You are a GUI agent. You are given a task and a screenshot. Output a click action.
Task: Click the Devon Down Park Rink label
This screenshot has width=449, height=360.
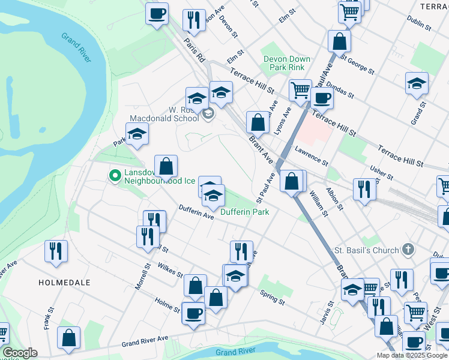coord(287,63)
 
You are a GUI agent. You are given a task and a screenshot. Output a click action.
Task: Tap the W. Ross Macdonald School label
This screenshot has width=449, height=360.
coord(175,114)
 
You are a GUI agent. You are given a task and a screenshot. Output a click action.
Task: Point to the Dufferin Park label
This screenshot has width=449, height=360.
coord(244,212)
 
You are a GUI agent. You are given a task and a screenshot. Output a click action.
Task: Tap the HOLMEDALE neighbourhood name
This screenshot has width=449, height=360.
coord(64,282)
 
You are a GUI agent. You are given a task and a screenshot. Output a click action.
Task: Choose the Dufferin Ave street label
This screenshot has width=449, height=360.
coord(196,212)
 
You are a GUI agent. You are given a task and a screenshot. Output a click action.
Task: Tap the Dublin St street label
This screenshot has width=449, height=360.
coord(419,23)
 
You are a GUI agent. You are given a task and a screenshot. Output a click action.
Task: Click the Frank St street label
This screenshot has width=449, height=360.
coord(47,312)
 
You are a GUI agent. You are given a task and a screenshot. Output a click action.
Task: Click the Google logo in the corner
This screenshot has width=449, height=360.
coord(20,353)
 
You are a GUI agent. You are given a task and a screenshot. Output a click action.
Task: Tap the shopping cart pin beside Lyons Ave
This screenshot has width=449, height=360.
coord(300,91)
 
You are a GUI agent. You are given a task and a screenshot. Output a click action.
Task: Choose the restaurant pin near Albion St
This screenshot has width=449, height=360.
coord(364,189)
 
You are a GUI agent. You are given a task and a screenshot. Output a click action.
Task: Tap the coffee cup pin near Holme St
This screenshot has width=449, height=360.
coord(193,313)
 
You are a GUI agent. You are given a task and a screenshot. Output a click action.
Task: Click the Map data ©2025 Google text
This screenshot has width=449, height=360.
coord(412,355)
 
